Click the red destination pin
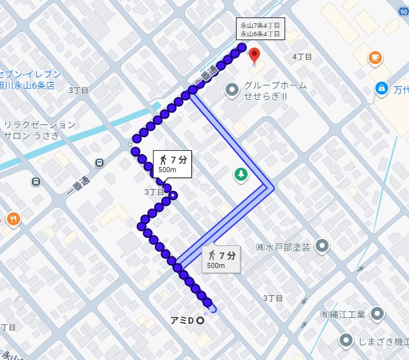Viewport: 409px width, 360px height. [254, 54]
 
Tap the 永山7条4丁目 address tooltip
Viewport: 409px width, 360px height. [260, 29]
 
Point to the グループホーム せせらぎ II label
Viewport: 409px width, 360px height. [275, 91]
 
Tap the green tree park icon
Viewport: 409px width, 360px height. [240, 174]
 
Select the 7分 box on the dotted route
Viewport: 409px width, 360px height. [172, 164]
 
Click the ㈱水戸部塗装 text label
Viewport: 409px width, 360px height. [283, 247]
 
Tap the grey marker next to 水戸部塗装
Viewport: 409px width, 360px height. [322, 246]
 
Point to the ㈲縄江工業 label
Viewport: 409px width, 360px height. [342, 315]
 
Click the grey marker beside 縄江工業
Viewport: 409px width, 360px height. [376, 315]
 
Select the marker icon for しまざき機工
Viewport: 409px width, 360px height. [347, 340]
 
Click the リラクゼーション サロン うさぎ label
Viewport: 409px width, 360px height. [40, 130]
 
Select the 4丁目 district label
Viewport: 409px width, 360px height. [302, 57]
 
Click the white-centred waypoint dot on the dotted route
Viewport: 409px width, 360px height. [173, 195]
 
